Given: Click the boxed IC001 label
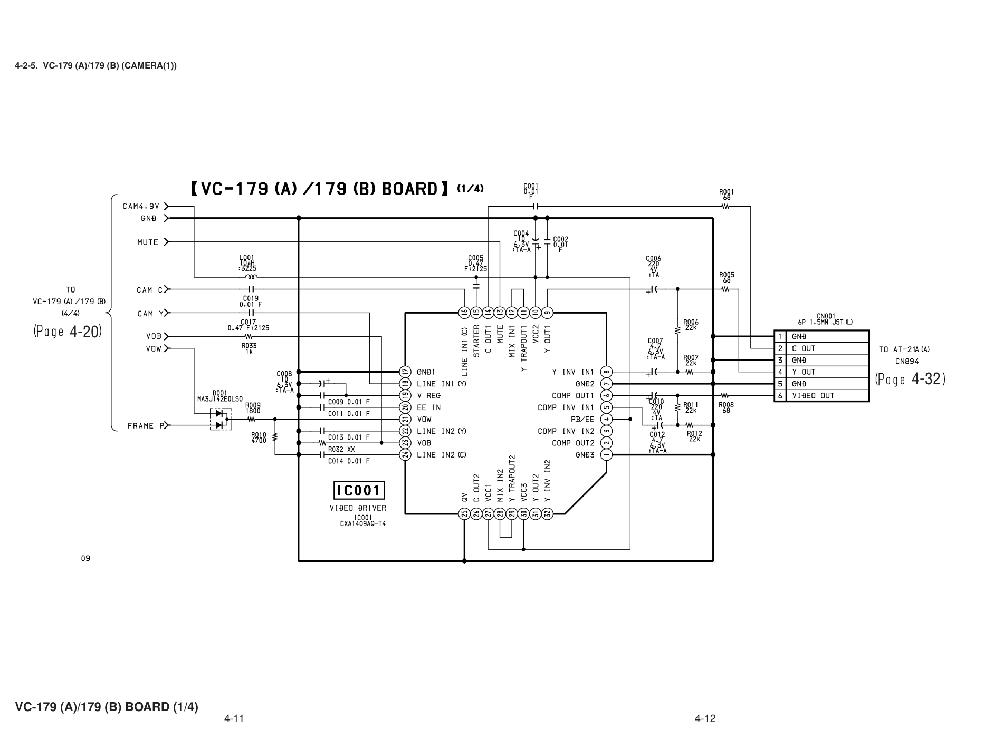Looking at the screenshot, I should (x=359, y=491).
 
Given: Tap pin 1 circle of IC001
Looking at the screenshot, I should (x=606, y=454).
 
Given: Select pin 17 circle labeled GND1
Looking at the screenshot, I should (x=405, y=372).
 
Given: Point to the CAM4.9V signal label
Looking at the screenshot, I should (x=141, y=206).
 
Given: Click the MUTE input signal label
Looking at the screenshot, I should (x=148, y=242).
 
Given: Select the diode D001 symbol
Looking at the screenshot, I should (x=221, y=419).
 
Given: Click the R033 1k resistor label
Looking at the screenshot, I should (x=249, y=348).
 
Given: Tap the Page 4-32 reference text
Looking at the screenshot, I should (x=910, y=379).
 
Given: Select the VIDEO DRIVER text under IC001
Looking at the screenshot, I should (x=358, y=508).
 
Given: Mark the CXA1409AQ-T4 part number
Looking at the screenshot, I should (x=363, y=524).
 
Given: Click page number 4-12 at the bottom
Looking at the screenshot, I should (x=705, y=718).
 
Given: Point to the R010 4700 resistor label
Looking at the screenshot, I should (x=259, y=437).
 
